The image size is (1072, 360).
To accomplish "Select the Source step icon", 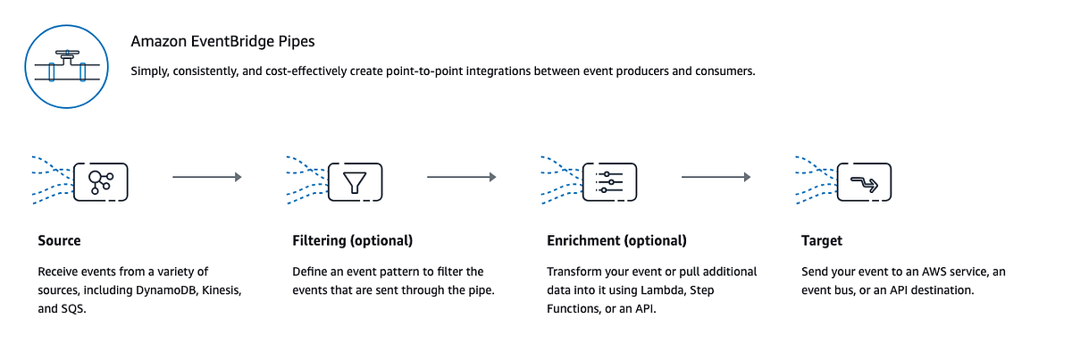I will (x=101, y=181).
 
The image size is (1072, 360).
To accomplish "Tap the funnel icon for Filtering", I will (x=356, y=181).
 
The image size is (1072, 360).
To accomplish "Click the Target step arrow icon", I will (x=864, y=181).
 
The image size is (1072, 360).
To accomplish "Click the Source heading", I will (x=59, y=241).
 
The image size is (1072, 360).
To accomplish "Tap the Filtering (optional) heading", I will (x=352, y=241).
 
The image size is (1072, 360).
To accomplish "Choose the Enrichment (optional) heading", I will (x=616, y=241).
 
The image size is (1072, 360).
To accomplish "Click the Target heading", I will (x=821, y=241).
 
